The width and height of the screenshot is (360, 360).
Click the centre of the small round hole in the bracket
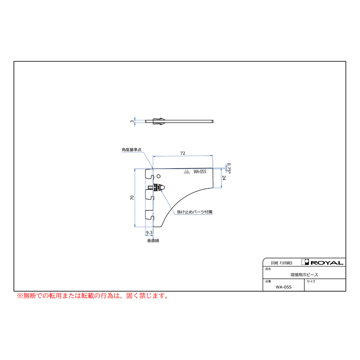pos(158,176)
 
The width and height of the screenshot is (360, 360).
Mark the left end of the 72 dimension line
pos(153,156)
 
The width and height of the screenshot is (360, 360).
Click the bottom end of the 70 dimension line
pos(135,227)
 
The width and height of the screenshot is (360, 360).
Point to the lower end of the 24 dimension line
pos(221,188)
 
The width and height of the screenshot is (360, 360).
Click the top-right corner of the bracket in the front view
pos(213,168)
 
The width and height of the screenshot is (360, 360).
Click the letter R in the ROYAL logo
pos(314,263)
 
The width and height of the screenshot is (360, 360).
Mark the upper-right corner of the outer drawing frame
pos(346,62)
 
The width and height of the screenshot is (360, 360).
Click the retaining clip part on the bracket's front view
pos(156,187)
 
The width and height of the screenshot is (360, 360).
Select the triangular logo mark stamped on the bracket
pos(187,172)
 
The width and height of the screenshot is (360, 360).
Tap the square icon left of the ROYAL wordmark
pos(305,262)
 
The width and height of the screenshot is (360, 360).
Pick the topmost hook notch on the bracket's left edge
pos(150,177)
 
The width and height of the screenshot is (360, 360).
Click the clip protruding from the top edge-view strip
pos(159,121)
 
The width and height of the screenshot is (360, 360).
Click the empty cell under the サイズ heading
pos(325,287)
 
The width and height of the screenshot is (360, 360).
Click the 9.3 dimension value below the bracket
pos(149,232)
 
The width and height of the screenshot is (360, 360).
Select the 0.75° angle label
pos(229,168)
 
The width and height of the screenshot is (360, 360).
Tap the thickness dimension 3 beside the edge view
pos(132,121)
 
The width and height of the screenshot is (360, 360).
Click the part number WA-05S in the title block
pos(284,287)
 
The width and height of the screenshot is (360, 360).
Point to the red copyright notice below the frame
pos(93,296)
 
